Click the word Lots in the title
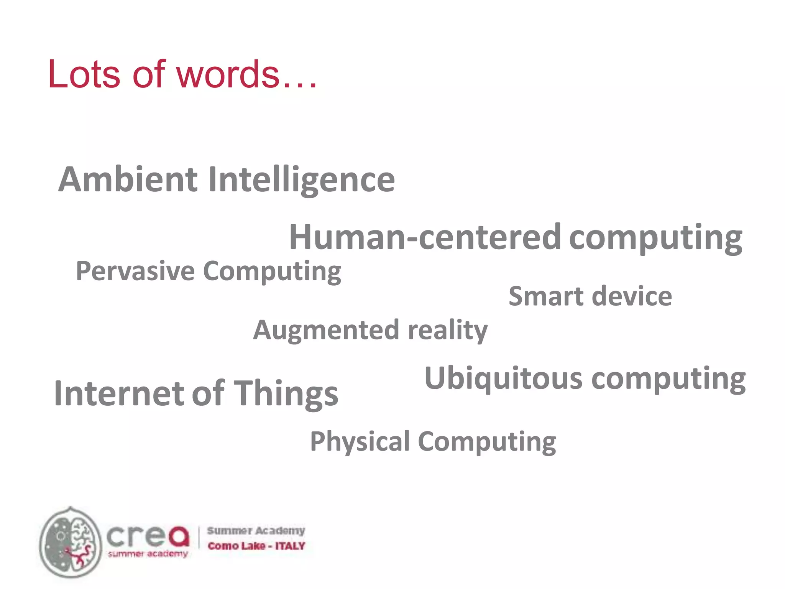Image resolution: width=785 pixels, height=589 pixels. click(x=84, y=74)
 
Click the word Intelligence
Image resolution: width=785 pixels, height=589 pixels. click(x=302, y=180)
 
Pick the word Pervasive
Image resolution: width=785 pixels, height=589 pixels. click(x=135, y=271)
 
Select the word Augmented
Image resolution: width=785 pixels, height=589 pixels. click(x=327, y=330)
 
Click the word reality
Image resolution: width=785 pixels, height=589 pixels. click(x=448, y=330)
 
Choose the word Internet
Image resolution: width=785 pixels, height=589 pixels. click(x=119, y=393)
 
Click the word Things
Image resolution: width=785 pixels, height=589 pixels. click(x=286, y=393)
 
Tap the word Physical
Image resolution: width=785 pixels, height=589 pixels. click(x=360, y=442)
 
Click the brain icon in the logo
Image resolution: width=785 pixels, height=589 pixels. click(x=71, y=542)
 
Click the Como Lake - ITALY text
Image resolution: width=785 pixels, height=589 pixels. click(x=256, y=546)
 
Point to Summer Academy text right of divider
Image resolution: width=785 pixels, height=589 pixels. click(x=256, y=531)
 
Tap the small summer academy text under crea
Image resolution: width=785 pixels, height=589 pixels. click(x=148, y=554)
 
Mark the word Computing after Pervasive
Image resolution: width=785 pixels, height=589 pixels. click(x=272, y=271)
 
